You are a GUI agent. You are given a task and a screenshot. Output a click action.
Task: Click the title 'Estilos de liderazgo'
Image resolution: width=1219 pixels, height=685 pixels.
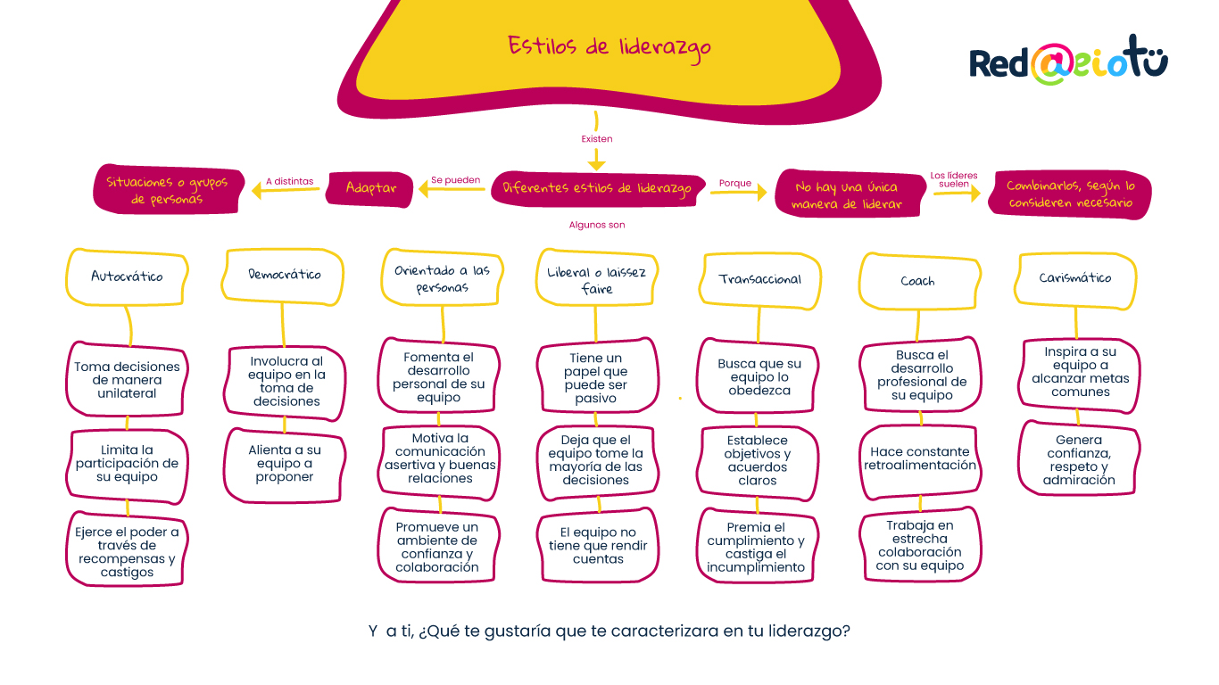(609, 45)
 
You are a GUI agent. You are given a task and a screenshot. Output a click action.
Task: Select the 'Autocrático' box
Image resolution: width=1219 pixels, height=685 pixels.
(127, 276)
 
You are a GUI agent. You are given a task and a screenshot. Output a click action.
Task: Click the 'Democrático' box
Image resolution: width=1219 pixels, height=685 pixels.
(284, 275)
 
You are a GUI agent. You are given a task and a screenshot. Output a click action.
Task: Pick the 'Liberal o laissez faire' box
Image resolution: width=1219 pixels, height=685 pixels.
(596, 280)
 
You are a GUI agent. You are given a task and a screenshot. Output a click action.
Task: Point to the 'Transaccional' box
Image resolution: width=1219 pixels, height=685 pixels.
(759, 279)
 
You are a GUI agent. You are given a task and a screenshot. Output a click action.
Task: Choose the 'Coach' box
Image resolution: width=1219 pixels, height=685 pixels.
(917, 281)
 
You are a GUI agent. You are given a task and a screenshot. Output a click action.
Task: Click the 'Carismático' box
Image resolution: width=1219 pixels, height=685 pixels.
(1075, 278)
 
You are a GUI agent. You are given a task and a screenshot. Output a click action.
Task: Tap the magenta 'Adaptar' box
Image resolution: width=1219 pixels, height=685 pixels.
(371, 188)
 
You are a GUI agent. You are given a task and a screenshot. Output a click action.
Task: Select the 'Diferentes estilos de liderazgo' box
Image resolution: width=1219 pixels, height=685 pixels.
(597, 188)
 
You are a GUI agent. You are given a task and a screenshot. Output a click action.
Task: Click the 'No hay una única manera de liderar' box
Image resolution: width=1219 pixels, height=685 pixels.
(847, 194)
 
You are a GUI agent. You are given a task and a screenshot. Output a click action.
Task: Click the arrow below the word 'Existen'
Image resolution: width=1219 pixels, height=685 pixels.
(597, 159)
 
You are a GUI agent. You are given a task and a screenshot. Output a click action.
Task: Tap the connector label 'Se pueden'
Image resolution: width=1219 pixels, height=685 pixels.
(456, 179)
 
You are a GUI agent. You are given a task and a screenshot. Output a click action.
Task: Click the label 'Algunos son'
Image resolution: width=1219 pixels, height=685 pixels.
(597, 225)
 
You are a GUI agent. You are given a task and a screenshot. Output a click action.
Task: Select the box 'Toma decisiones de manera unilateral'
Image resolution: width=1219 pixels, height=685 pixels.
(127, 380)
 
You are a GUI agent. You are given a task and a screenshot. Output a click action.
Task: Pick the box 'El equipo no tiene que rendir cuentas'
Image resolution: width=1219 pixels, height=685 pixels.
(598, 546)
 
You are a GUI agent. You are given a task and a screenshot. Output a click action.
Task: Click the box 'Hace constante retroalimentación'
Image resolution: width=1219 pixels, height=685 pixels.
(920, 458)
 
